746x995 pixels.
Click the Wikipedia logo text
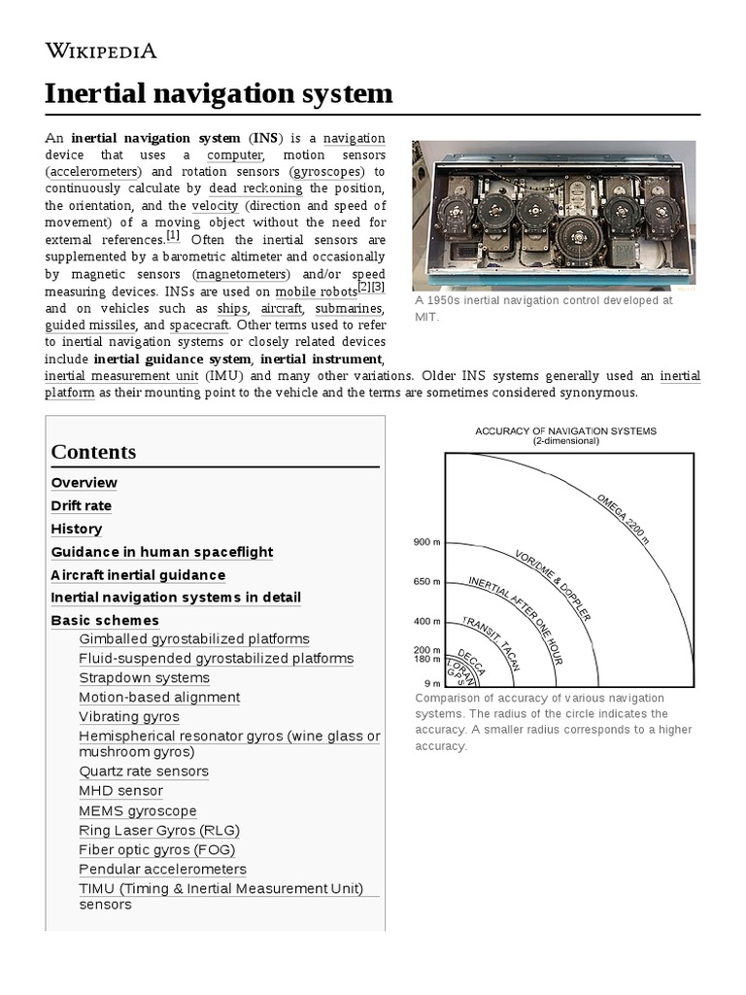pos(101,51)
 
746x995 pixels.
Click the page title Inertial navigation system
pos(219,94)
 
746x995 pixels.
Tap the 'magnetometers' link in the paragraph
pos(241,274)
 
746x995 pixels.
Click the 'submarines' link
pos(350,308)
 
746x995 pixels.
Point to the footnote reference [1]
pos(173,236)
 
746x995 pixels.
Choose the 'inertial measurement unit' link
pos(121,376)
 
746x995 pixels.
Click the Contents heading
pos(93,452)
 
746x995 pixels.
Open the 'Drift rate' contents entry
pos(82,506)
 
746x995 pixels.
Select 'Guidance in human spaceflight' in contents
pos(162,552)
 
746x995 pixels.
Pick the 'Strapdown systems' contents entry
pos(144,678)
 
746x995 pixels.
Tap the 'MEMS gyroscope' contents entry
pos(138,811)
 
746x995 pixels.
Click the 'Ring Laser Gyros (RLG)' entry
pos(159,831)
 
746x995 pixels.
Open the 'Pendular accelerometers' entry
pos(162,870)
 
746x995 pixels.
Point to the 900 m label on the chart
pos(427,542)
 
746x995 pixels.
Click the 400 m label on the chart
pos(427,621)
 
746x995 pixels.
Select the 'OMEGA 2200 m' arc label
pos(623,518)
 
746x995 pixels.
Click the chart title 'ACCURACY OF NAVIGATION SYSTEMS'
pos(565,430)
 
